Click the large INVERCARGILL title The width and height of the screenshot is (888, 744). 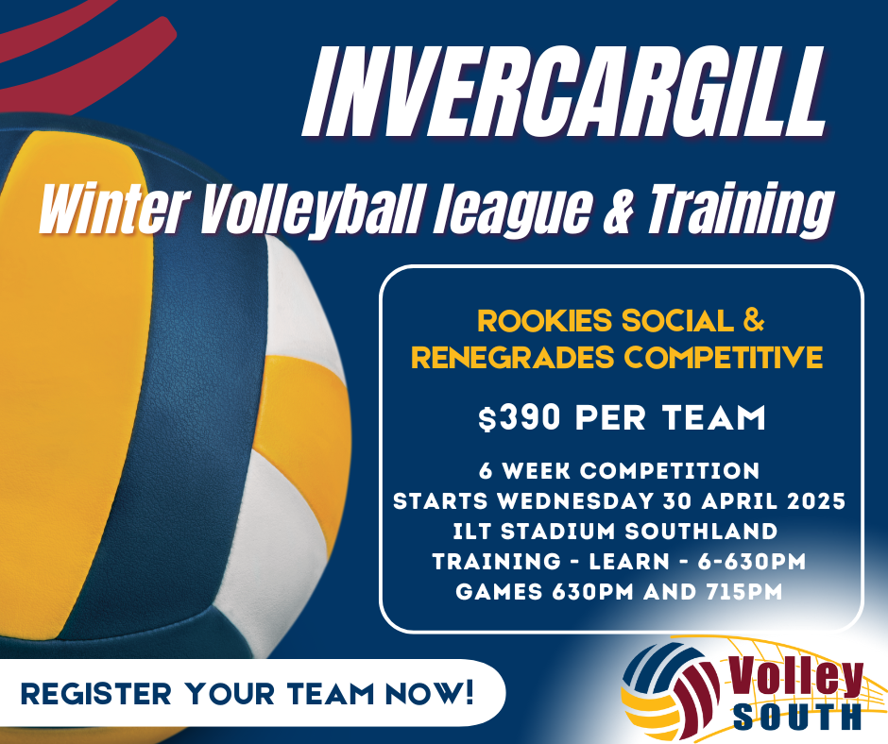click(x=563, y=92)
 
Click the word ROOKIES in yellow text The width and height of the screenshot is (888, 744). click(x=544, y=320)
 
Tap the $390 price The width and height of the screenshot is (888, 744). click(x=520, y=417)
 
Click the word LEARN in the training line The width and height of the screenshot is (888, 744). click(x=629, y=561)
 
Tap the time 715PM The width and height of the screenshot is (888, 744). click(x=743, y=592)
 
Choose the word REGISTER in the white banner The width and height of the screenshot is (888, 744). click(x=95, y=694)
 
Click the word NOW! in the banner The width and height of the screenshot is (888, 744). click(x=429, y=693)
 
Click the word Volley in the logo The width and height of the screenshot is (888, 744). click(x=795, y=677)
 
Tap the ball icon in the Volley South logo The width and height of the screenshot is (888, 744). click(x=670, y=687)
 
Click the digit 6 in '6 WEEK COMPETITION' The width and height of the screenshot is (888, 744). click(x=486, y=471)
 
